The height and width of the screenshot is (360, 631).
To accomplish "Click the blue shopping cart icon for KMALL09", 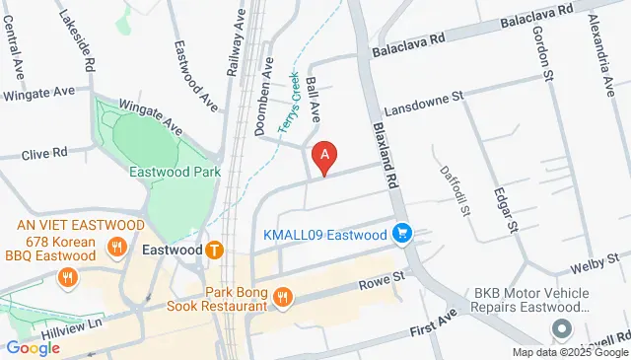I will tap(401, 235).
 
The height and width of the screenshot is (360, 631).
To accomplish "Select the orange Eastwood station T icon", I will tap(214, 251).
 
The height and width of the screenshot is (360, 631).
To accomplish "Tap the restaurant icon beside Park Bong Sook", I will tap(284, 297).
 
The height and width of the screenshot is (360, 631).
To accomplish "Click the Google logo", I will tap(33, 347).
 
